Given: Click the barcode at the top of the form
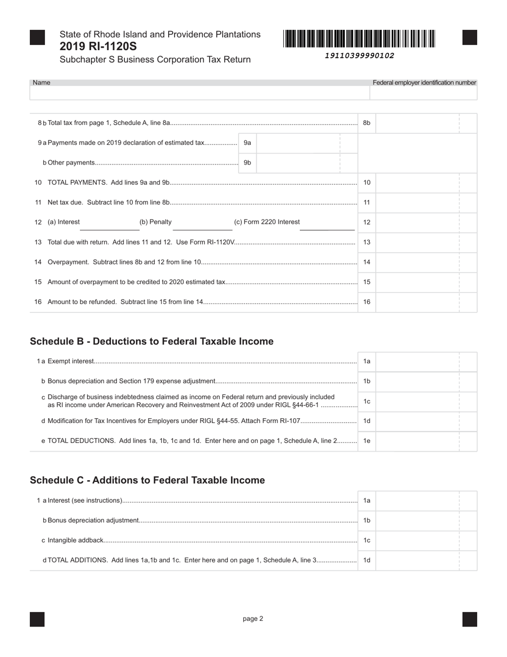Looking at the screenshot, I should click(x=359, y=39).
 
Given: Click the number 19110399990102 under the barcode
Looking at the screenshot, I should click(x=359, y=56).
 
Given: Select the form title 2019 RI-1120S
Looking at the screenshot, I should click(x=98, y=46).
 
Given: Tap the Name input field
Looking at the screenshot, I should click(x=200, y=93).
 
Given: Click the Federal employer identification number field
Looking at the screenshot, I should click(x=423, y=93).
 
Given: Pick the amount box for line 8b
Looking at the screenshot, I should click(x=417, y=123).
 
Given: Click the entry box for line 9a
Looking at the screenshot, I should click(x=298, y=143).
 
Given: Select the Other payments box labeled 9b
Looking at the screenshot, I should click(x=298, y=162).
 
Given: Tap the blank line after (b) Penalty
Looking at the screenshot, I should click(x=202, y=225).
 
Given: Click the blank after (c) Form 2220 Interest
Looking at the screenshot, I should click(x=327, y=225).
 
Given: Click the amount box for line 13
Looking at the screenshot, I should click(x=417, y=242).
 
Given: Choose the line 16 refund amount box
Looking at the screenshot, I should click(x=417, y=302).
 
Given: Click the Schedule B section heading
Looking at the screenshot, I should click(x=152, y=341).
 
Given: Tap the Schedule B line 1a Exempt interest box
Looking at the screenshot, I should click(x=417, y=362).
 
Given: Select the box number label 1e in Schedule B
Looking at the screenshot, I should click(x=367, y=441).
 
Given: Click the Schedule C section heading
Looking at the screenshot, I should click(x=147, y=480).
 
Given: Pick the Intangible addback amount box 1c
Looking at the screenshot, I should click(x=417, y=540).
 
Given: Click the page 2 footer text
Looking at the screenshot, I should click(x=253, y=619).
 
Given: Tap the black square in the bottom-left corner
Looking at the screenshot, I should click(x=37, y=619).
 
